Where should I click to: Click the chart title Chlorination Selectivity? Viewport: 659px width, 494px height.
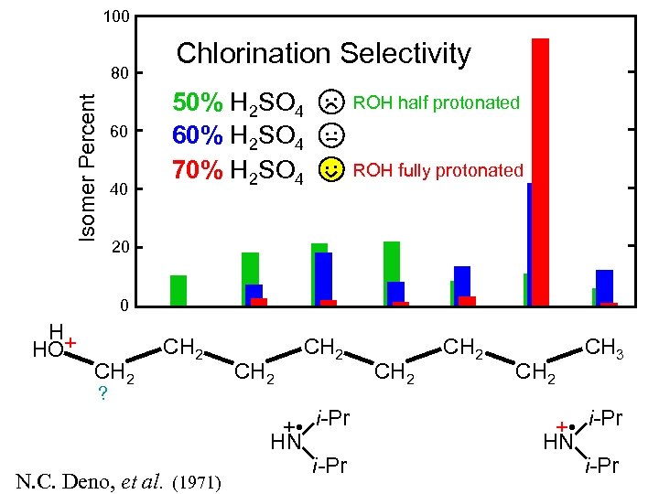(323, 54)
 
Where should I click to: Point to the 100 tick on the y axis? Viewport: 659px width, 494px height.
(116, 16)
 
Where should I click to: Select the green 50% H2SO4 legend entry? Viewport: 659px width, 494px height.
(239, 103)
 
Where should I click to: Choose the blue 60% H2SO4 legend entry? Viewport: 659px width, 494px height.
(239, 136)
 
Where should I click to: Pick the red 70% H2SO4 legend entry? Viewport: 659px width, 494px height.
(239, 170)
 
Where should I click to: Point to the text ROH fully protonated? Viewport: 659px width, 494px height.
(438, 170)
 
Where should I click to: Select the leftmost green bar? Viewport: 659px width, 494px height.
(178, 290)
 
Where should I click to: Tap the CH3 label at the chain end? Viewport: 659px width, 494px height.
(604, 348)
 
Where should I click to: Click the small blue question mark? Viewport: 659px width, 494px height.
(103, 393)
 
